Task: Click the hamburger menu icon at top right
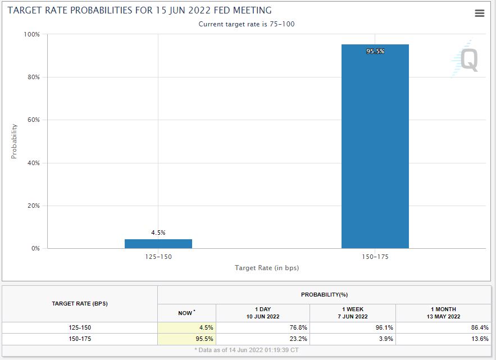(479, 13)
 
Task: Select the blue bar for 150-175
(375, 146)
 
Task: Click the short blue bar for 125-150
(158, 244)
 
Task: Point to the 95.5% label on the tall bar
(375, 51)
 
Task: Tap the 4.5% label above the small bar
(158, 233)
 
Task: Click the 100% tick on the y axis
(31, 34)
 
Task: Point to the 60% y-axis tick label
(33, 120)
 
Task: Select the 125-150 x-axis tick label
(158, 257)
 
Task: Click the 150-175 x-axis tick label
(375, 257)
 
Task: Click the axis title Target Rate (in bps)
(267, 268)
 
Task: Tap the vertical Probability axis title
(15, 141)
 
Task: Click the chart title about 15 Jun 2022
(139, 11)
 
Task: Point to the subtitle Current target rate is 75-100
(247, 24)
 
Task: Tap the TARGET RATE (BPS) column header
(80, 304)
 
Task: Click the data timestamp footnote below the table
(247, 350)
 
